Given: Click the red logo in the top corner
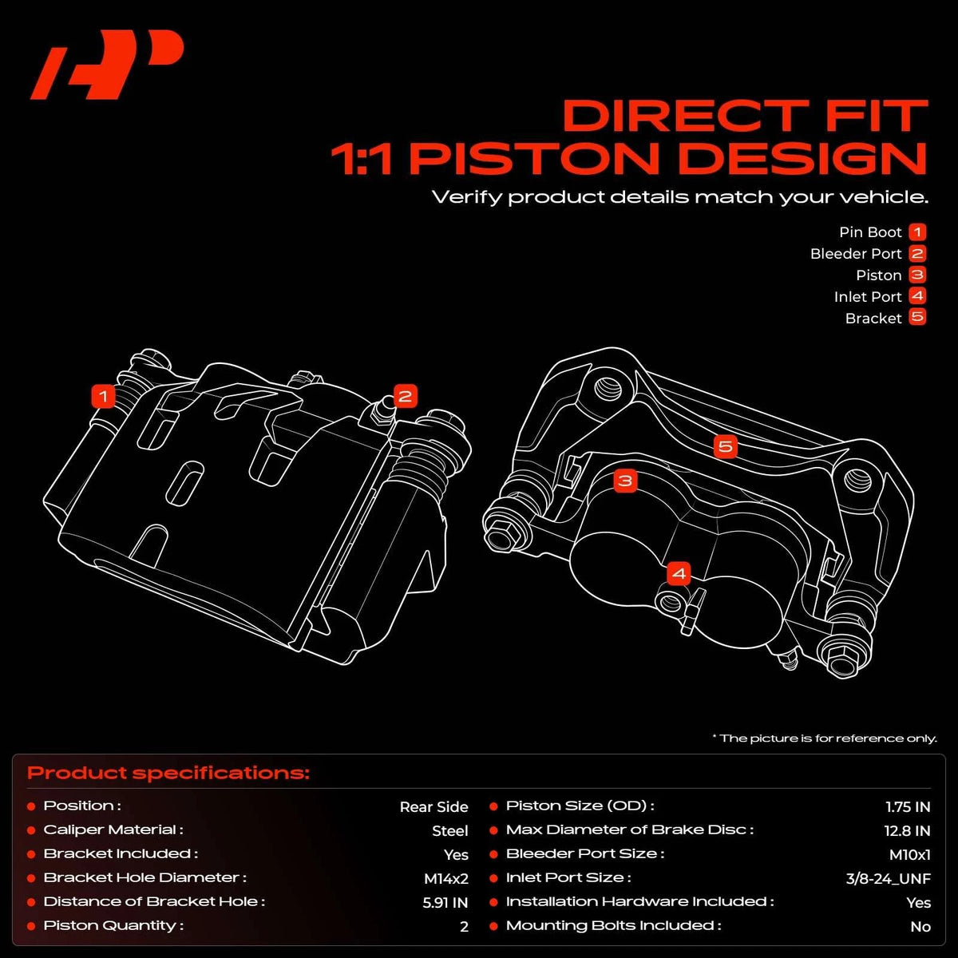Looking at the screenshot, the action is [x=107, y=65].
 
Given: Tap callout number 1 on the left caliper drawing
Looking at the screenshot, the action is [x=104, y=397].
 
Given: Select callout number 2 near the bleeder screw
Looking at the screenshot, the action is [x=406, y=397].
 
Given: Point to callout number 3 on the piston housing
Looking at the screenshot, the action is [x=625, y=481].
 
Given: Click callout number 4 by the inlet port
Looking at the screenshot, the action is [x=679, y=574].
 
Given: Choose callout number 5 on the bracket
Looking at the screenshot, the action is [x=726, y=446].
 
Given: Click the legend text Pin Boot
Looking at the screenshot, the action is [x=870, y=232].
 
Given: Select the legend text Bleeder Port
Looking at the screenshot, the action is [x=856, y=254].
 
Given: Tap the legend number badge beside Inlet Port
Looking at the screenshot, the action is [x=917, y=296].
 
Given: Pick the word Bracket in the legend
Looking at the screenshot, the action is [x=873, y=319].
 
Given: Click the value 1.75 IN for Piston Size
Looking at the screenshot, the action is [x=908, y=807].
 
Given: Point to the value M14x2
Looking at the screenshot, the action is [x=446, y=878].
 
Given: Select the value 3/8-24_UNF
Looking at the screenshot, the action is [x=888, y=878].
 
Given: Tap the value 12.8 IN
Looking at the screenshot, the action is [x=907, y=831].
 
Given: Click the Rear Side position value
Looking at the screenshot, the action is [x=434, y=807].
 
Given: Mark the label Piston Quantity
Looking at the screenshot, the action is [x=113, y=926].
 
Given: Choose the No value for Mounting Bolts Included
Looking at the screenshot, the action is [x=920, y=927].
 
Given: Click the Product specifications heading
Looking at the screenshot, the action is [x=168, y=773].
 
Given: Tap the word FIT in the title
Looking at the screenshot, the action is [x=877, y=116].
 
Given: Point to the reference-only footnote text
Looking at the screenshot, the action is [x=825, y=738].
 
